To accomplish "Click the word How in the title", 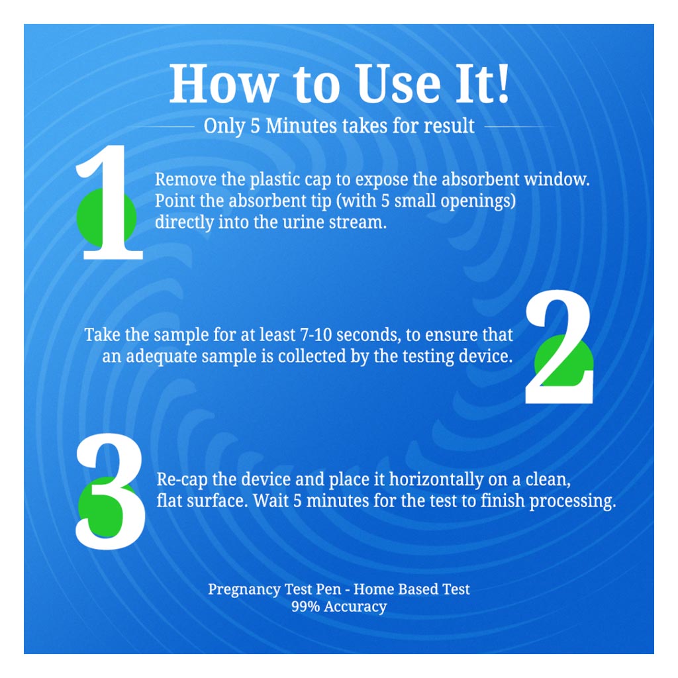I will click(222, 85).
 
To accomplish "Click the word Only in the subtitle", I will click(224, 126).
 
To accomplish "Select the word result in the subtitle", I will click(449, 126).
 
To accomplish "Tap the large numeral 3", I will click(109, 493).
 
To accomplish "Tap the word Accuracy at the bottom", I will click(356, 606).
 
